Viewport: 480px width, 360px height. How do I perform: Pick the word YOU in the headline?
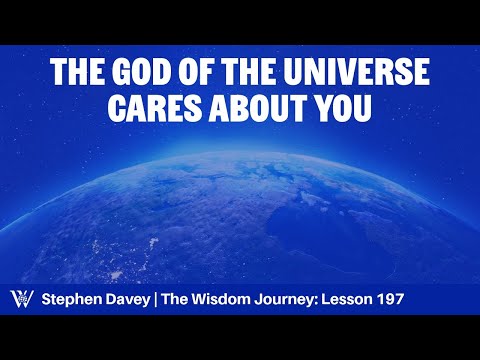(345, 108)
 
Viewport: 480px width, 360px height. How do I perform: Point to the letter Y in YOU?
(322, 108)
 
